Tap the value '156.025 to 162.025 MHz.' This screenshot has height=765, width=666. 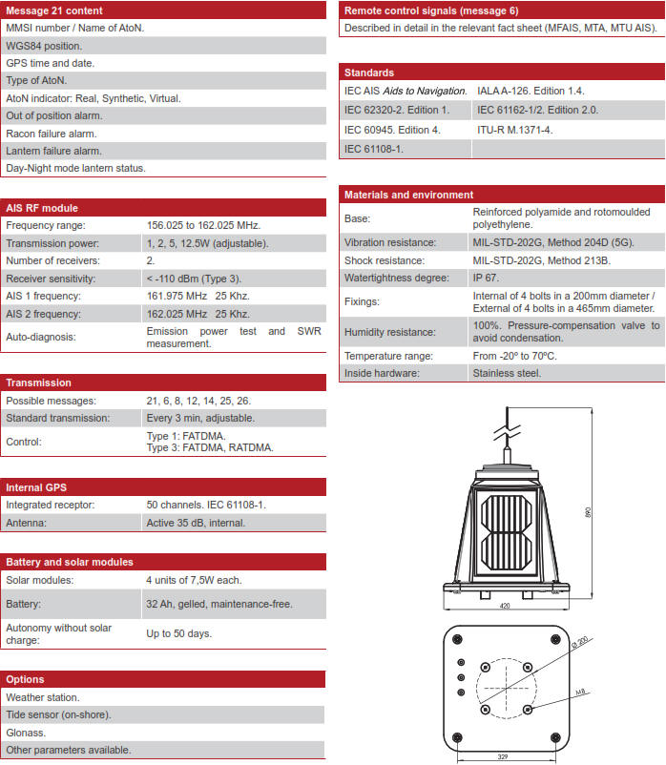click(203, 225)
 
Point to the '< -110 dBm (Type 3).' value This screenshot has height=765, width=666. click(194, 278)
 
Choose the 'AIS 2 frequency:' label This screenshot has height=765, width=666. click(46, 313)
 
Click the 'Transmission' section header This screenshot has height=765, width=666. click(38, 382)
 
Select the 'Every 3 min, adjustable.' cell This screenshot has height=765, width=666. click(199, 418)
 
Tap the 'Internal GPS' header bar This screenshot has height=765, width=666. click(36, 486)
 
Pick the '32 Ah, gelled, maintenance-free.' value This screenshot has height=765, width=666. click(219, 604)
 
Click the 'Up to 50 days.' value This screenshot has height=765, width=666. click(178, 633)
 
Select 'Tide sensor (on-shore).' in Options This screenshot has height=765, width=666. click(58, 714)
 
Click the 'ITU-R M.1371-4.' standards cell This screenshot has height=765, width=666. click(514, 129)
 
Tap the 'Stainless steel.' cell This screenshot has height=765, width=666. click(507, 373)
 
